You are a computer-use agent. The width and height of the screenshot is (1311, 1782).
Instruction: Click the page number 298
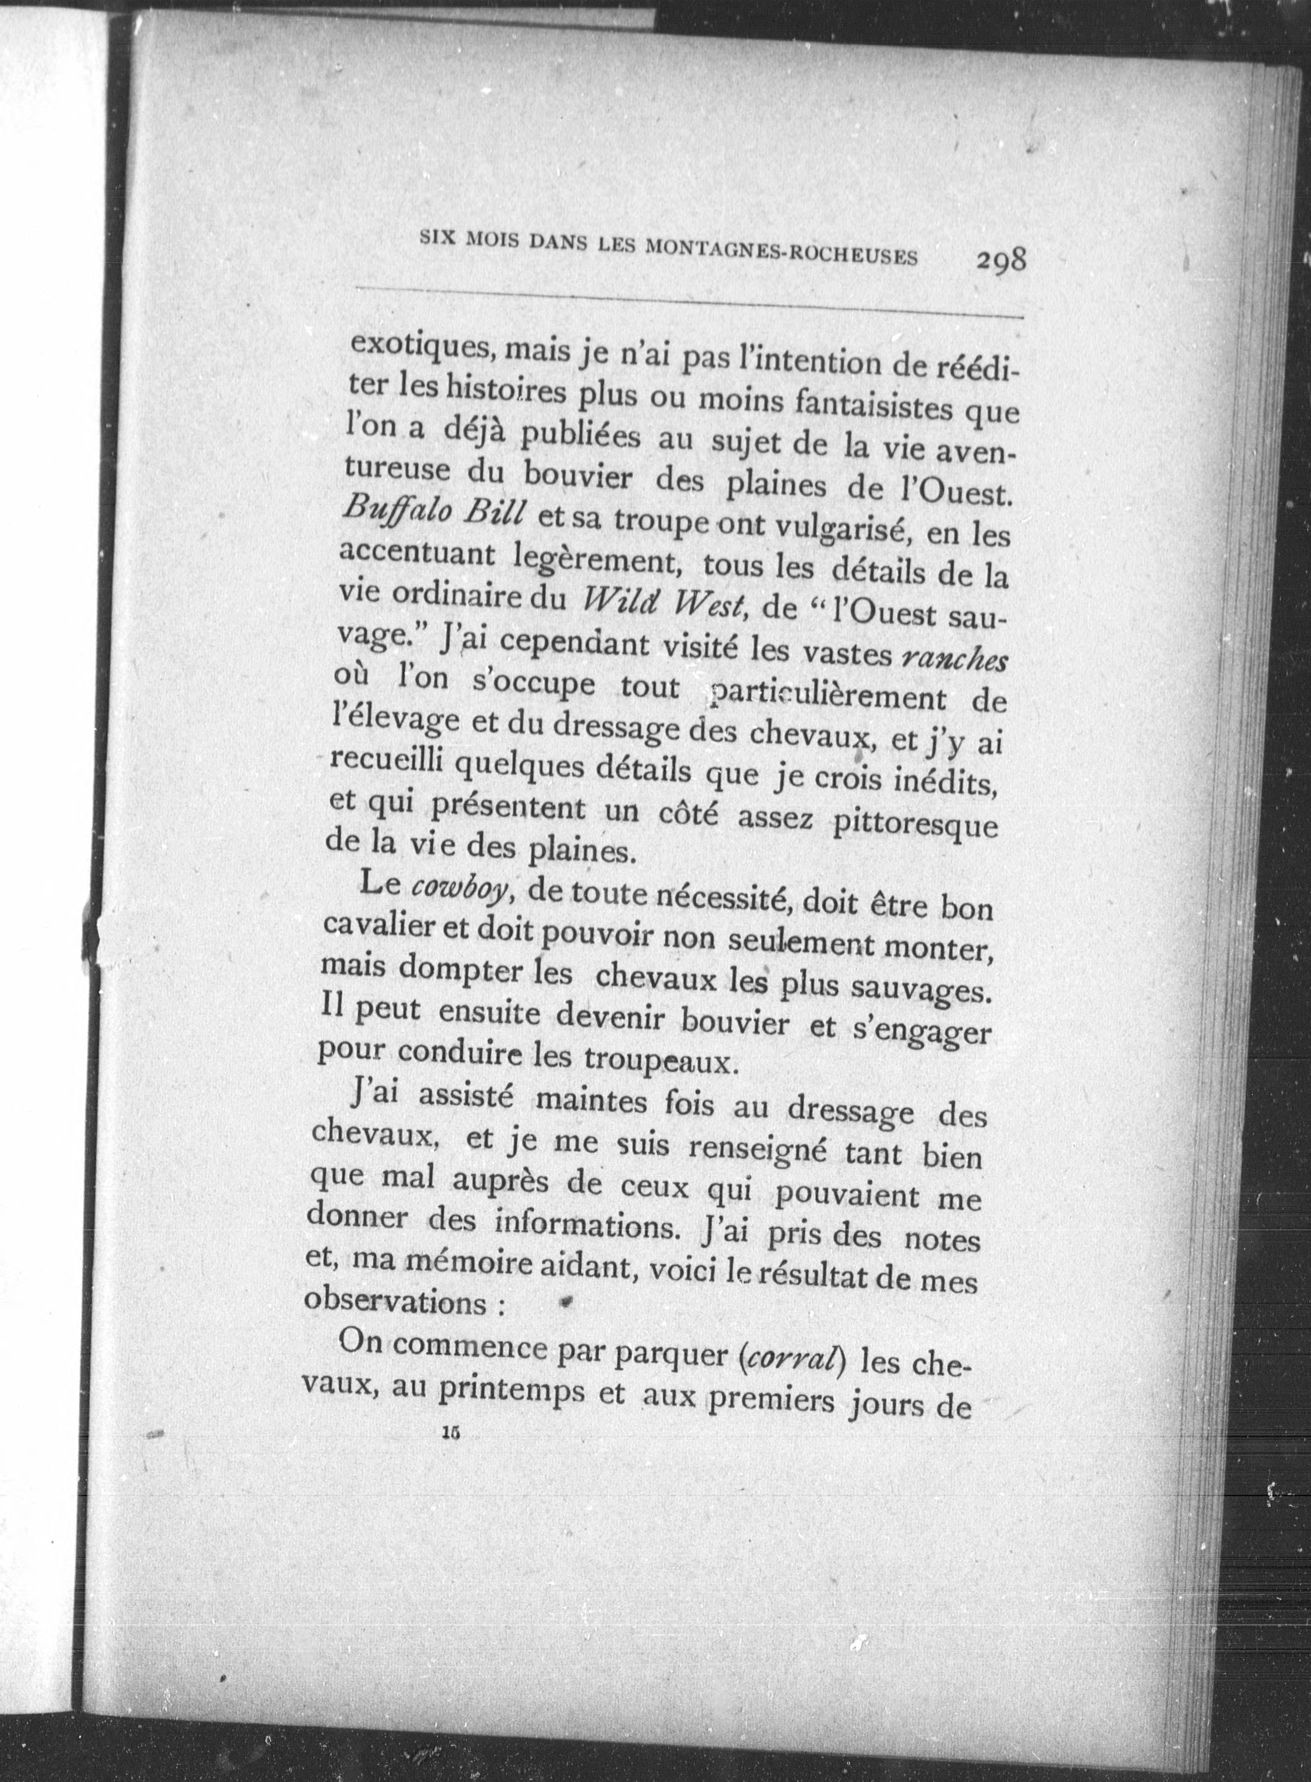coord(1002,260)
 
